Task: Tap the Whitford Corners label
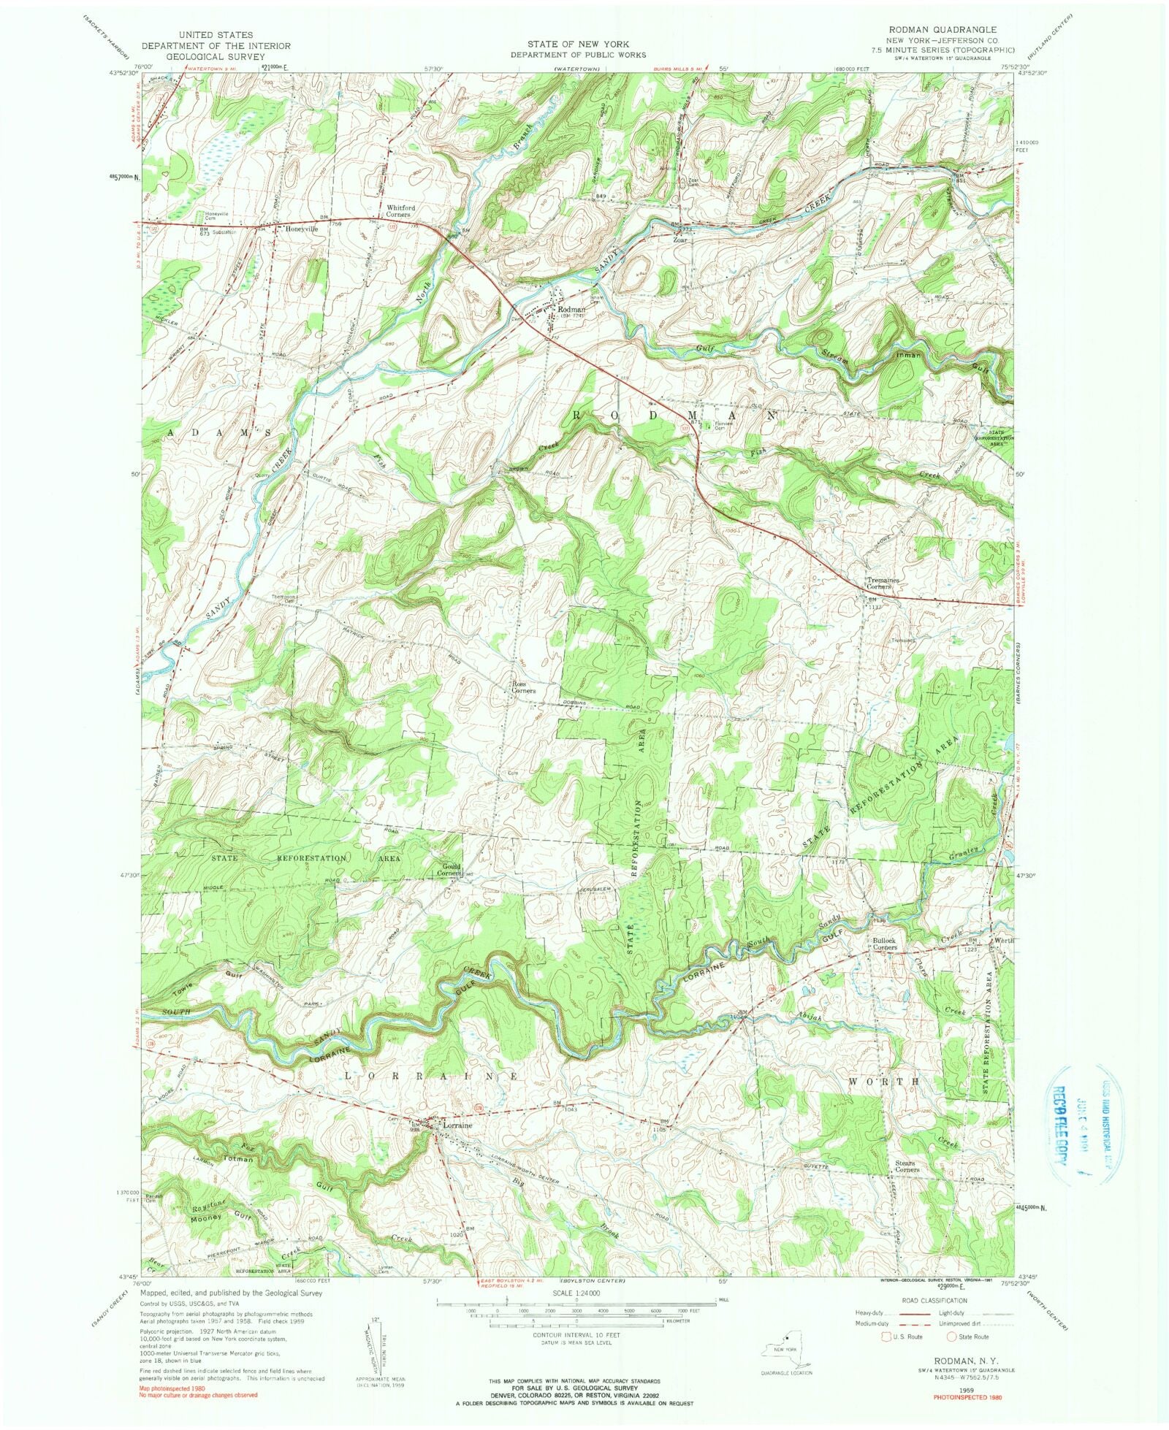click(400, 211)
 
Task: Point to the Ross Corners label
click(523, 687)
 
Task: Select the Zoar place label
click(680, 239)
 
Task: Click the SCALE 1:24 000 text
click(576, 1292)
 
